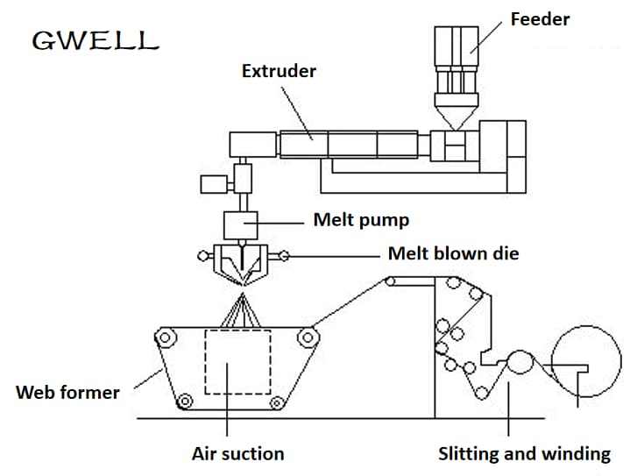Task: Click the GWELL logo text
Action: (95, 39)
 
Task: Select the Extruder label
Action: (279, 70)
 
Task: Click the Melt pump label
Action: (361, 219)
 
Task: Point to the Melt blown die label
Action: (453, 253)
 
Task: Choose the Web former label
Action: (67, 392)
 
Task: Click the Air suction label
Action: (237, 453)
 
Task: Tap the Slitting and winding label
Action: (524, 453)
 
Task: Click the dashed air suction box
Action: (237, 361)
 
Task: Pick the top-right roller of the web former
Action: (307, 335)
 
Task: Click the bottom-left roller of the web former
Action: (184, 402)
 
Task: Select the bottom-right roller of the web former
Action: (276, 402)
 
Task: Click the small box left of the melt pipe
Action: (213, 184)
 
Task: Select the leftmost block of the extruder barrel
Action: (252, 144)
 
